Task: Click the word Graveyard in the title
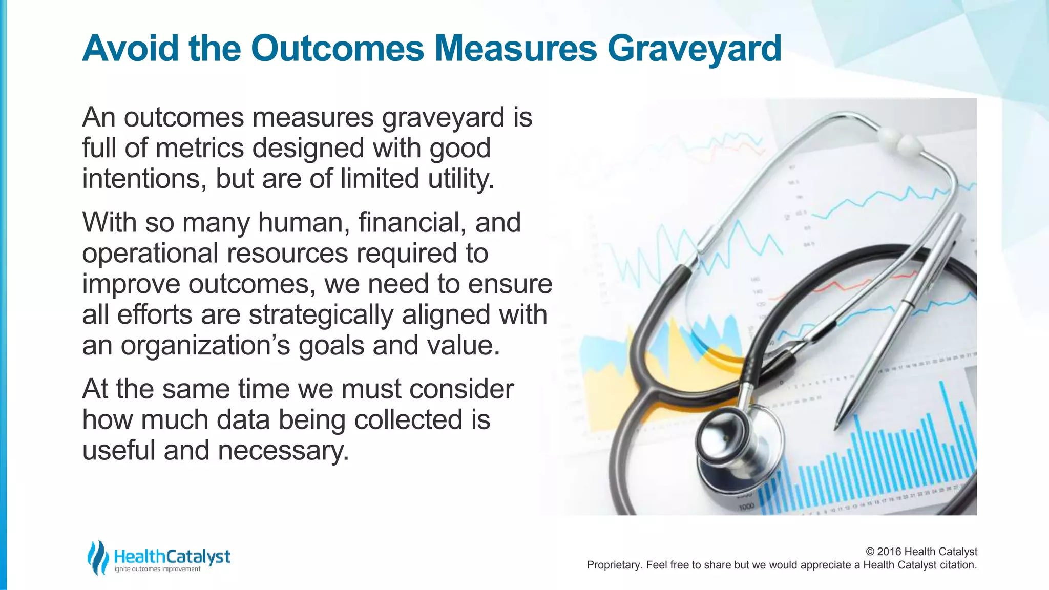[x=694, y=49]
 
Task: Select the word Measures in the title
[x=516, y=48]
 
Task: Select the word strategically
[x=321, y=315]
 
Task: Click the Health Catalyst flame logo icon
[x=97, y=557]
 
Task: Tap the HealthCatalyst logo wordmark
[x=172, y=557]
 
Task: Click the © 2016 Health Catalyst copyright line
[x=921, y=552]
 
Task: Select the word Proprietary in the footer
[x=613, y=565]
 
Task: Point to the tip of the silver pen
[x=836, y=427]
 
